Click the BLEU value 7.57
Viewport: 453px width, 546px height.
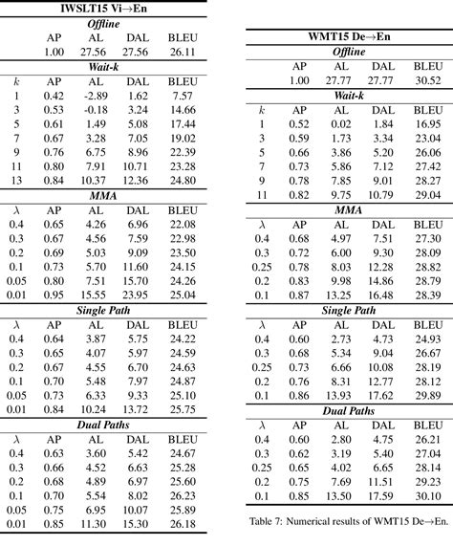[x=182, y=97]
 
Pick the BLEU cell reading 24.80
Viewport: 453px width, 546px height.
[x=182, y=180]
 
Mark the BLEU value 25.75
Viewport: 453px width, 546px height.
[x=182, y=408]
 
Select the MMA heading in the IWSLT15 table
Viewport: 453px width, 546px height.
[x=113, y=195]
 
